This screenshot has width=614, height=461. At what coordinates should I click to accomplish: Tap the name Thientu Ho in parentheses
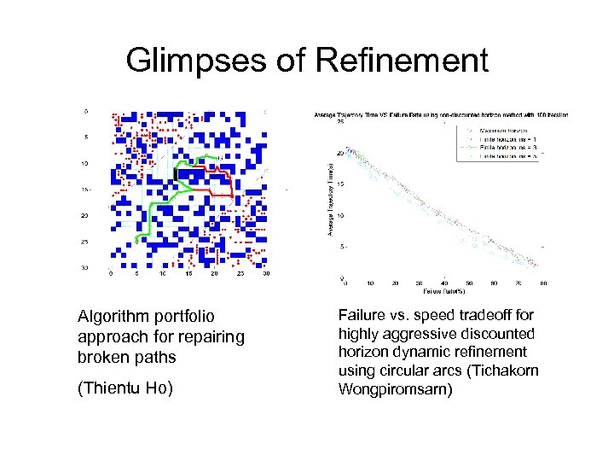[x=125, y=388]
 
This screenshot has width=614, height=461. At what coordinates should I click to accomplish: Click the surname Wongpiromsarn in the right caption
[x=393, y=389]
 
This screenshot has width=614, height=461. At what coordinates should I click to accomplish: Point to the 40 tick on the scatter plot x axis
[x=445, y=283]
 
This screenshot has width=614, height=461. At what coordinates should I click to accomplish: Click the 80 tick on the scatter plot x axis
[x=543, y=283]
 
